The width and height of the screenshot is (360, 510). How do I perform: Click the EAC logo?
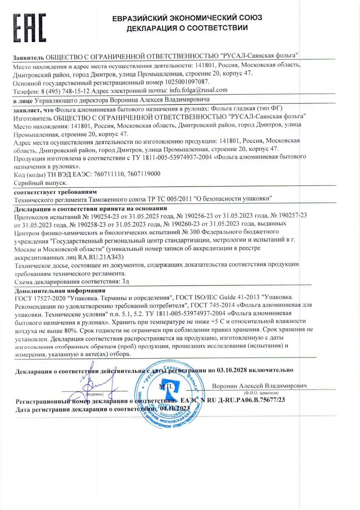(x=29, y=28)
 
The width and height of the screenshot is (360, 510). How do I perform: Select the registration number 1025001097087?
(x=187, y=82)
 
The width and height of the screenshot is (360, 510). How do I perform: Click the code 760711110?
(x=109, y=174)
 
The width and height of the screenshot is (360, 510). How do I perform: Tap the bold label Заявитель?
(x=28, y=57)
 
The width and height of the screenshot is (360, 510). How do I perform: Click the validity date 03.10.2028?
(x=231, y=370)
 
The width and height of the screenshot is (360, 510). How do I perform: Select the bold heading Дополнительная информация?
(x=60, y=291)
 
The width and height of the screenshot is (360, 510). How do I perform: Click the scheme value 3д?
(x=125, y=281)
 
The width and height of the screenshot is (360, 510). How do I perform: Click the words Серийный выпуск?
(x=41, y=183)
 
